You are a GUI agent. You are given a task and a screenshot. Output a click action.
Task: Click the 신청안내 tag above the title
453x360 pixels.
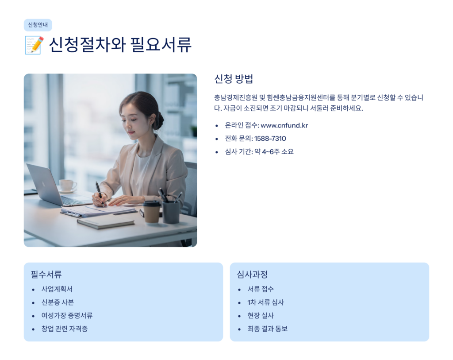[x=38, y=25]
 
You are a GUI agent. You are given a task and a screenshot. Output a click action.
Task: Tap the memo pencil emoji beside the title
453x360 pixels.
[x=34, y=45]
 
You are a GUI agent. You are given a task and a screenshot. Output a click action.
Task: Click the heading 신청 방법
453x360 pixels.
[x=234, y=79]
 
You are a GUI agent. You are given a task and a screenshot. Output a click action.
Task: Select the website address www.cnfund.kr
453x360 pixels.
[x=284, y=125]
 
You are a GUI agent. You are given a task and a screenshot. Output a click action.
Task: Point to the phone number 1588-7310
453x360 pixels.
[x=270, y=139]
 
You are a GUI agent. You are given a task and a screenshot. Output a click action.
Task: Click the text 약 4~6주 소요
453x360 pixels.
[x=274, y=151]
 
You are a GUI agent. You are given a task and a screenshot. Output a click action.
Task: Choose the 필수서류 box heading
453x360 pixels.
[x=46, y=275]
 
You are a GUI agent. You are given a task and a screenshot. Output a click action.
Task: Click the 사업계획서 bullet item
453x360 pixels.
[x=57, y=289]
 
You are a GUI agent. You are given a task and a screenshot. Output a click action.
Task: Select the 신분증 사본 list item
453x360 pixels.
[x=58, y=302]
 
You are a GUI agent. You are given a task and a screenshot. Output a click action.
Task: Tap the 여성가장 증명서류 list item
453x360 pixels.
[x=67, y=315]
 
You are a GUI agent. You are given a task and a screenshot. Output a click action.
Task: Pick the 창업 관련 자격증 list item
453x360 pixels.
[x=65, y=329]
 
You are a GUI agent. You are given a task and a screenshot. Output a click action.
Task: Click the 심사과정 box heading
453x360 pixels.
[x=252, y=275]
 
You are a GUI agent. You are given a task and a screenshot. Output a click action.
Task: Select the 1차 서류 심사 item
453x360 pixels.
[x=266, y=302]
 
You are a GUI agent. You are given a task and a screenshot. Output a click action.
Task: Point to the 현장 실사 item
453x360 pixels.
[x=261, y=315]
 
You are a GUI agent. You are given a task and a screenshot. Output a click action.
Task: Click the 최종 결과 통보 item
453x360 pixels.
[x=268, y=329]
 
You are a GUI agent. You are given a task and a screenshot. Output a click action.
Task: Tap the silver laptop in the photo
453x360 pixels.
[x=55, y=186]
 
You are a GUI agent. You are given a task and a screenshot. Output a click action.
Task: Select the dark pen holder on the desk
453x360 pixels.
[x=171, y=212]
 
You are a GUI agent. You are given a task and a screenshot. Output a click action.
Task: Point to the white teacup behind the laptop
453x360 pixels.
[x=67, y=186]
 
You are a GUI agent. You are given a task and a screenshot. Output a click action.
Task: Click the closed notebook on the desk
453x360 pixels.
[x=105, y=222]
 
